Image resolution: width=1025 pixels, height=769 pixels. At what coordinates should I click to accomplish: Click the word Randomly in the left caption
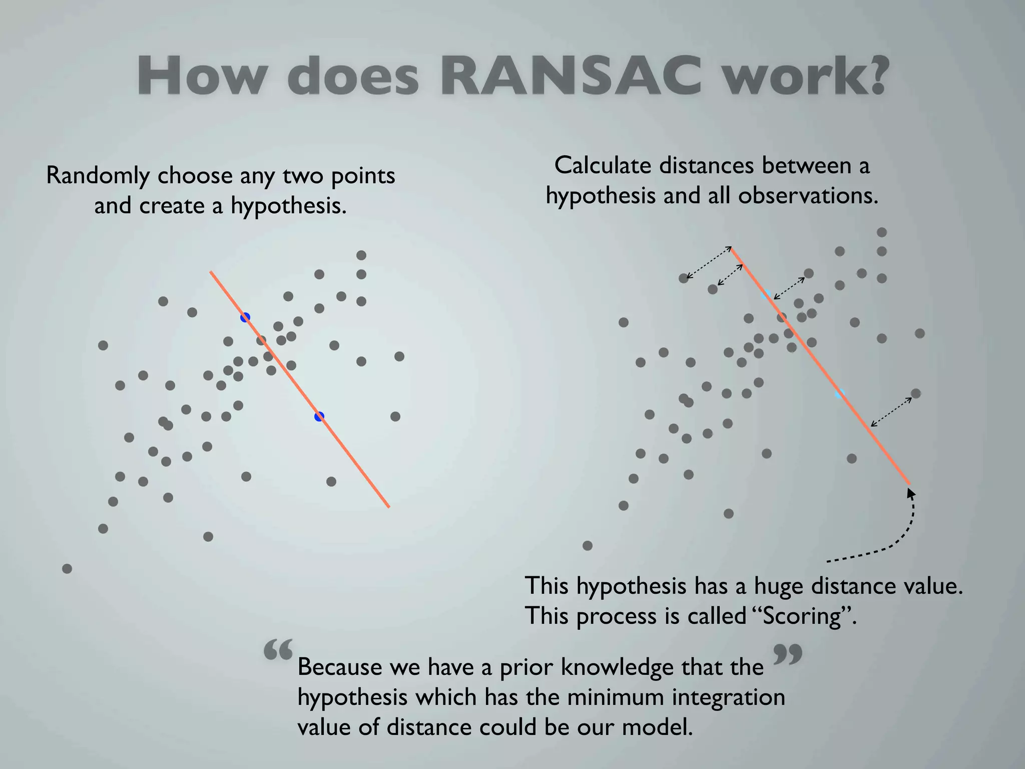click(97, 176)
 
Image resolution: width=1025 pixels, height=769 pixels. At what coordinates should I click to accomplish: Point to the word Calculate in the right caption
click(603, 166)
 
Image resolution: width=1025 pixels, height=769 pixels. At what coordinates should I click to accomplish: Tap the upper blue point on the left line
click(245, 317)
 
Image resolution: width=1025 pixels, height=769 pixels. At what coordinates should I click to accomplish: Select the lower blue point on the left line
click(319, 416)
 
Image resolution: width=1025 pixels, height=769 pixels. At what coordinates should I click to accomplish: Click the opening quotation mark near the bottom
click(278, 650)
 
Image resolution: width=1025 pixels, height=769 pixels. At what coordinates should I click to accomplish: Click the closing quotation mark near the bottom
click(788, 654)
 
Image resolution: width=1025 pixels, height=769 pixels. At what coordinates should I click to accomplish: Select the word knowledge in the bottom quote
click(617, 668)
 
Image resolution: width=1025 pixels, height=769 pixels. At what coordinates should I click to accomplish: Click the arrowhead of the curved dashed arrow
click(910, 493)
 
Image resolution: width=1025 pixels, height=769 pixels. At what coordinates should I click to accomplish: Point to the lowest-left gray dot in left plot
click(67, 569)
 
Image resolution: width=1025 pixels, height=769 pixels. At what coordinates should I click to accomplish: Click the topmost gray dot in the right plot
click(882, 232)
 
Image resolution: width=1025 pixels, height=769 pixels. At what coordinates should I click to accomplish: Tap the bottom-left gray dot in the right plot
click(588, 546)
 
